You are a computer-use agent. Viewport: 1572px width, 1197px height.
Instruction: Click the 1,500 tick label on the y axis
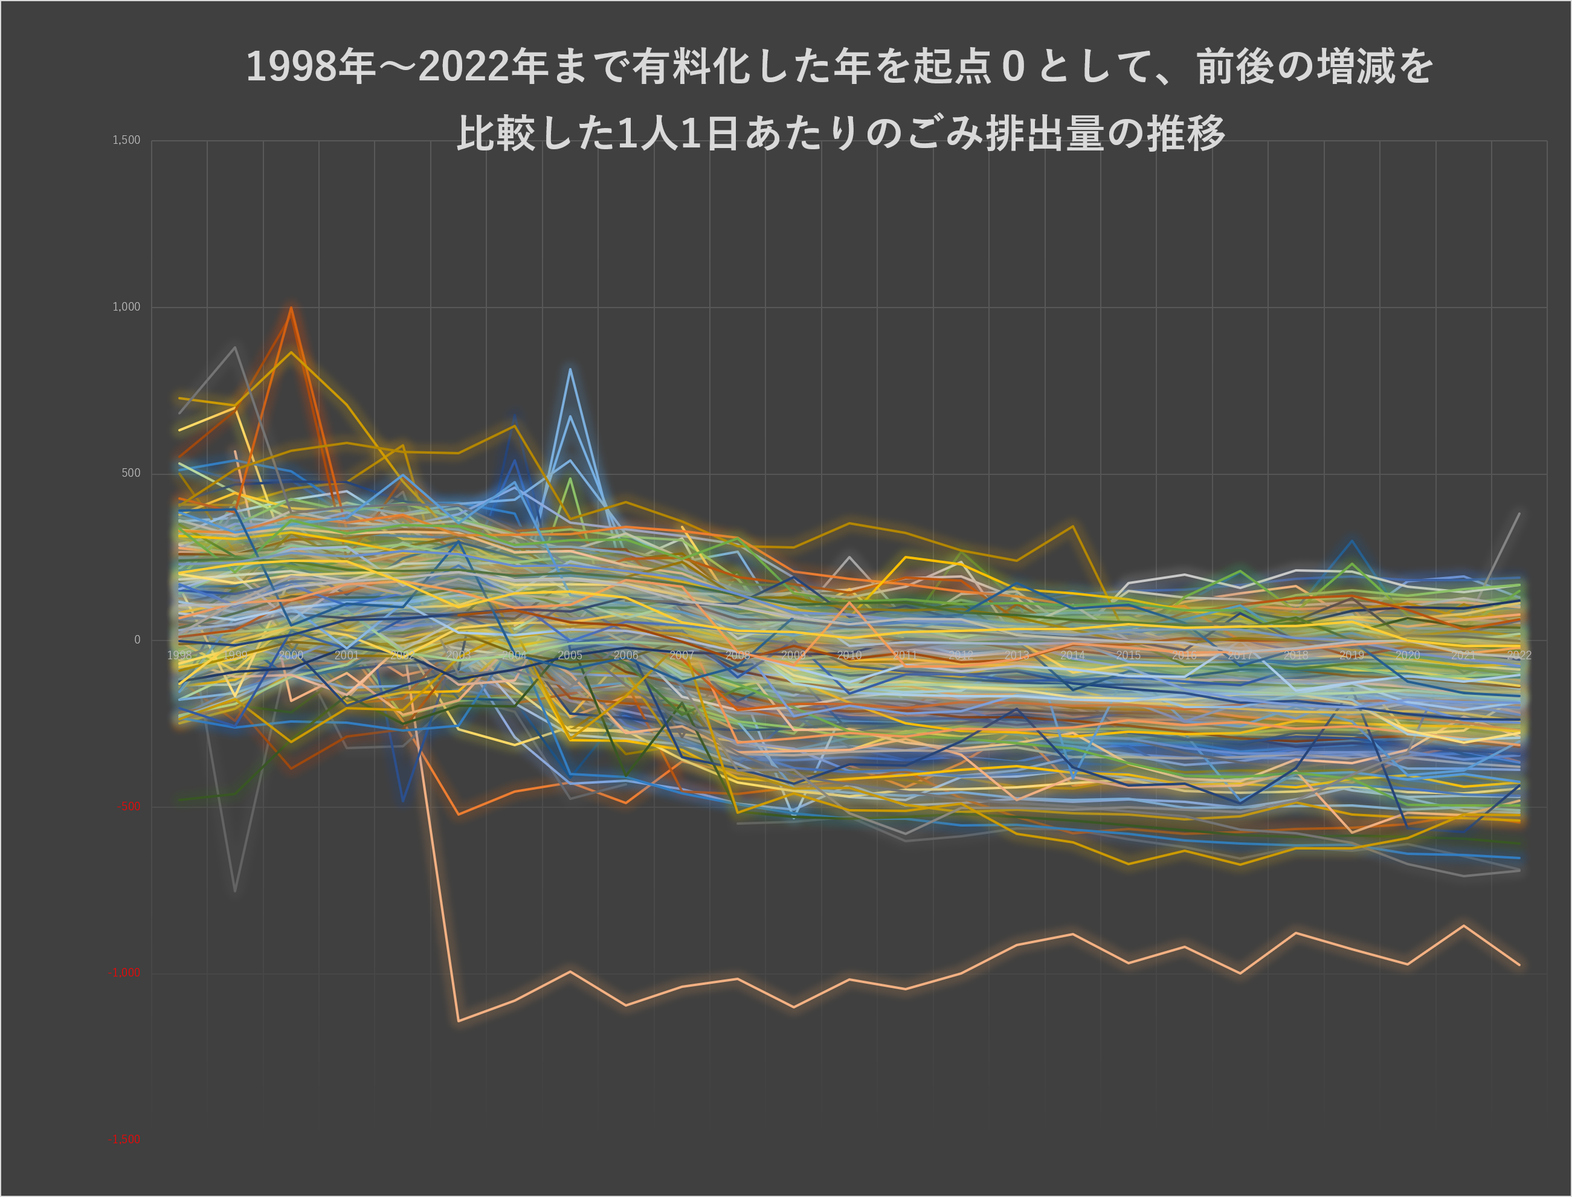click(126, 140)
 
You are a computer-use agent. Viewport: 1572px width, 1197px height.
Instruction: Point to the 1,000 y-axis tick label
click(126, 307)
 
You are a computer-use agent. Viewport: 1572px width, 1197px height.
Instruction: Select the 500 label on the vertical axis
click(130, 473)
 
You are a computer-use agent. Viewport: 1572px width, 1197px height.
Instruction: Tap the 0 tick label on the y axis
click(138, 640)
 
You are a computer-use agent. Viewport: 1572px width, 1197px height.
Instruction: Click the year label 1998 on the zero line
click(179, 656)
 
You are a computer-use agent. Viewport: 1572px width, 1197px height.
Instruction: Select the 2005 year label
click(570, 656)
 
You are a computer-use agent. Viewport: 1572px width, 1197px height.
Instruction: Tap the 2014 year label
click(1073, 656)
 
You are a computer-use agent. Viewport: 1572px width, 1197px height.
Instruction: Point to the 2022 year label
click(1519, 656)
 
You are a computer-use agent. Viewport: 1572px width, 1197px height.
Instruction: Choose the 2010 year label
click(849, 656)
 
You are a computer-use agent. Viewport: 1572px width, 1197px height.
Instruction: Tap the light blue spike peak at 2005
click(570, 369)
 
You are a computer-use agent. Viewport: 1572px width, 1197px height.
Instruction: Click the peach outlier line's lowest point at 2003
click(459, 1021)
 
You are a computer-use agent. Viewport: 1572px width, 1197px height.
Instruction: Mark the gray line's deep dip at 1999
click(235, 891)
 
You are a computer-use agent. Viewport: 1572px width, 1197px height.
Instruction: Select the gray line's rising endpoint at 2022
click(1519, 514)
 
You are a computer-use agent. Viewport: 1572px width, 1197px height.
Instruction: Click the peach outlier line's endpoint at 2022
click(1519, 966)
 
